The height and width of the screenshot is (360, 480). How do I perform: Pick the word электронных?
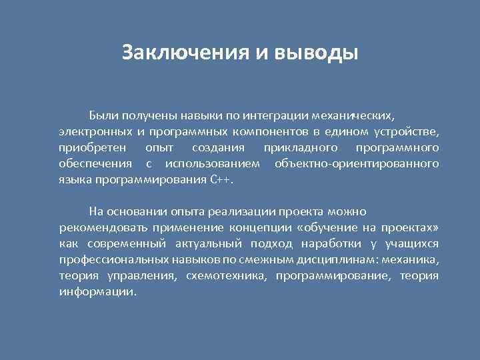[x=93, y=131]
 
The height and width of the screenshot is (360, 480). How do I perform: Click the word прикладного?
[x=301, y=147]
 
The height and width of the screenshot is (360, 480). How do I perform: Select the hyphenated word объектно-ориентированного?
[x=356, y=163]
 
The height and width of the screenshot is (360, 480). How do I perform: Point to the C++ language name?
[x=221, y=180]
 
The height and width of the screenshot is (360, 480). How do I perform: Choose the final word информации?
[x=97, y=292]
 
